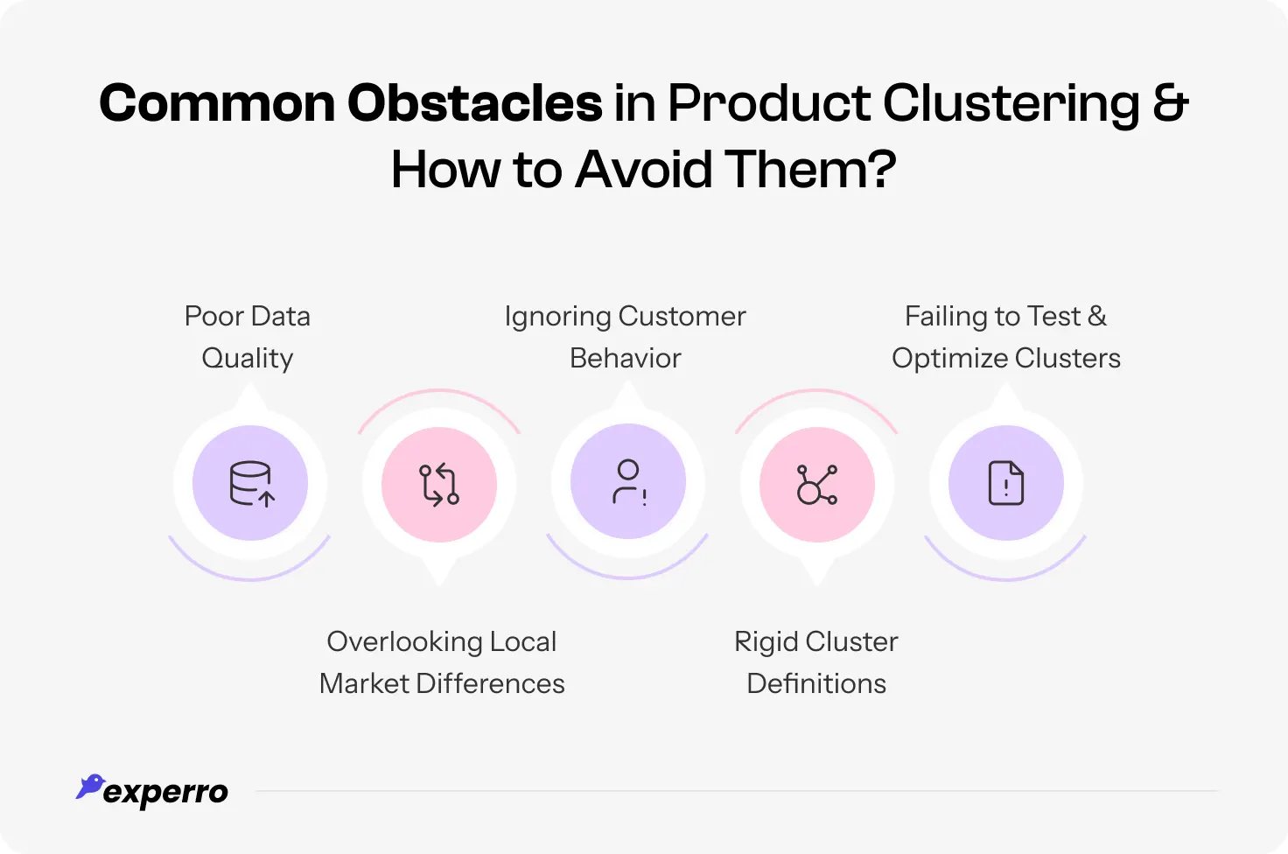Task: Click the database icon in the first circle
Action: pos(251,483)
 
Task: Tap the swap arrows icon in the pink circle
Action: pos(439,484)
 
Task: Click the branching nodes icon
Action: pos(817,484)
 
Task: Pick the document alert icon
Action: pos(1006,483)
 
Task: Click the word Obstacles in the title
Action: pos(474,103)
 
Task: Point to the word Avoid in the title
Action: pos(644,170)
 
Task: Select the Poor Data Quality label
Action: pos(248,337)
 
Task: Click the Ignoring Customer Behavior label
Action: pos(625,337)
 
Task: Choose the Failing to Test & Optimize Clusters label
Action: pos(1006,337)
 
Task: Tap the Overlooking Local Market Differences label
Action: pos(442,662)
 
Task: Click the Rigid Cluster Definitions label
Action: pos(816,662)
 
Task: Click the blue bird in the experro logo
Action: pos(90,786)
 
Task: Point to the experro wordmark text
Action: pos(165,793)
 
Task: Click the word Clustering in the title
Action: pos(1011,103)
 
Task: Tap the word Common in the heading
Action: pos(217,103)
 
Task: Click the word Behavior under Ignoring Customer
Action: pos(625,358)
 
